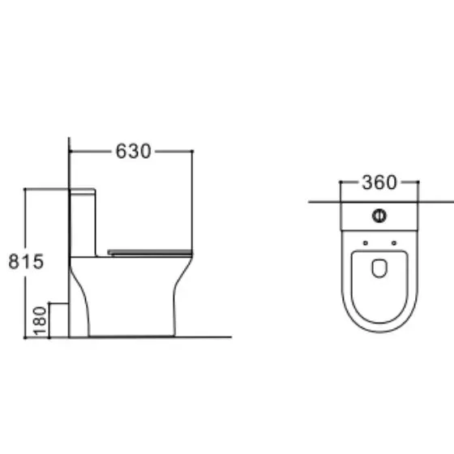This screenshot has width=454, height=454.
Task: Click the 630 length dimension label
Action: (x=133, y=151)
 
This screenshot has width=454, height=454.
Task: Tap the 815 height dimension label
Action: (x=26, y=261)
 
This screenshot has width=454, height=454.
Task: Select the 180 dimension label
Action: (x=40, y=321)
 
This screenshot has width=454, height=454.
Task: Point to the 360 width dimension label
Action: (x=379, y=182)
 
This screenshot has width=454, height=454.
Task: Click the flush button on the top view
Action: (x=379, y=216)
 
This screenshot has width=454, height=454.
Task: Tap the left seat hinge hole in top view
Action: (x=366, y=243)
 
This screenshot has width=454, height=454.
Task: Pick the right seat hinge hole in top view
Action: (x=394, y=243)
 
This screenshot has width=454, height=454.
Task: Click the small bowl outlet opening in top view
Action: (x=379, y=268)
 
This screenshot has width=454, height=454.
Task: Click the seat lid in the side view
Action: (x=150, y=252)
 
